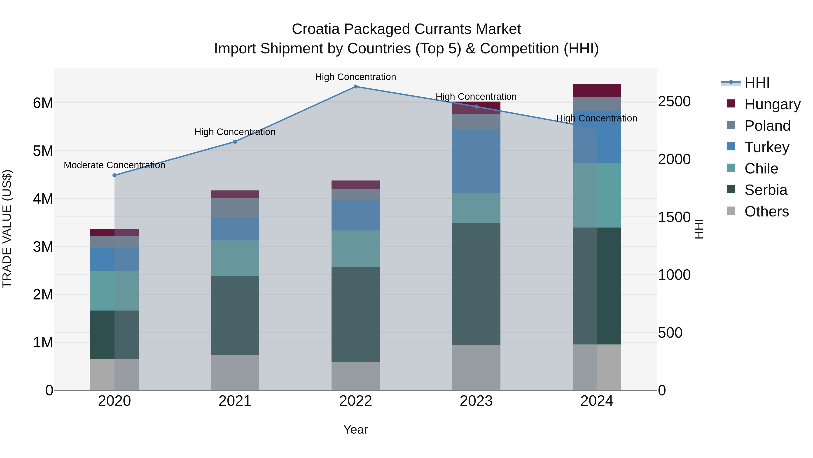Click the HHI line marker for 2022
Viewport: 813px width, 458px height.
355,87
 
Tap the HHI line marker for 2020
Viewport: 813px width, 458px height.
114,175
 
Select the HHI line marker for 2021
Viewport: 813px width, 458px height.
235,142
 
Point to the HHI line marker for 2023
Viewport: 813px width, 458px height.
476,107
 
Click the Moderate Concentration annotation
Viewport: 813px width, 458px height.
114,165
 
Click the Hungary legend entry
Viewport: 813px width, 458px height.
772,104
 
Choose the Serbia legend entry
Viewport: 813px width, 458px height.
765,190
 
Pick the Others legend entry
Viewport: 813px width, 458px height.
766,211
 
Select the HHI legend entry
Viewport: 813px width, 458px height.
757,83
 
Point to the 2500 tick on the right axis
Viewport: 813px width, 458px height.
674,102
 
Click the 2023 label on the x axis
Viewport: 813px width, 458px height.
476,401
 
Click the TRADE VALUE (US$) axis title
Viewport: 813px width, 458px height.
7,229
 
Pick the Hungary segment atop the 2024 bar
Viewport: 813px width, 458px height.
596,91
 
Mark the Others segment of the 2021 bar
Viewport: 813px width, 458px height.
235,372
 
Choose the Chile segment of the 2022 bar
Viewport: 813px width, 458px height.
355,248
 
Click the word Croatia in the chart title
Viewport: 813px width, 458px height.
316,29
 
